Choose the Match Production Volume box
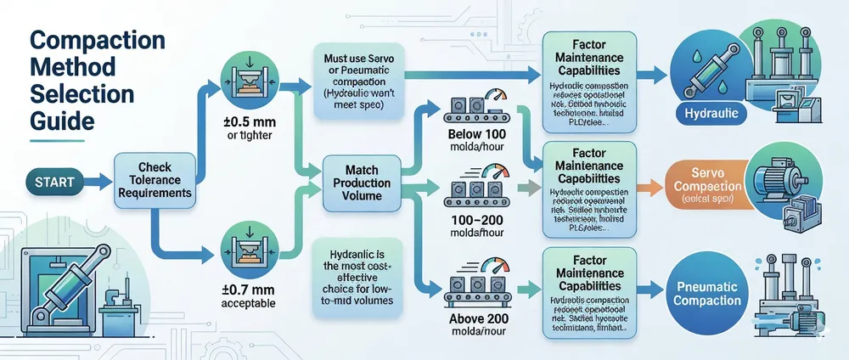click(363, 183)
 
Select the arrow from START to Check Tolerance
click(94, 180)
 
